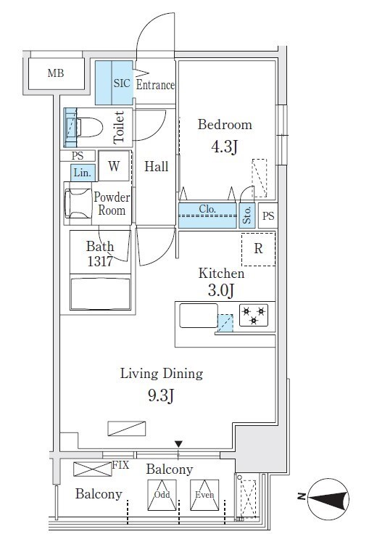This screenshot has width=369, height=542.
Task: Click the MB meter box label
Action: (x=56, y=73)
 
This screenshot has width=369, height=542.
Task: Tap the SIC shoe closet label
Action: (x=122, y=83)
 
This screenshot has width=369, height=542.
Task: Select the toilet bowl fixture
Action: (x=89, y=128)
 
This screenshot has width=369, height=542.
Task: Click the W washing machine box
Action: (x=114, y=165)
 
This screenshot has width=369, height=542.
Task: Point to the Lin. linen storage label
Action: (x=83, y=173)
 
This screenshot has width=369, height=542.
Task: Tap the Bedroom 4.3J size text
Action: (x=224, y=147)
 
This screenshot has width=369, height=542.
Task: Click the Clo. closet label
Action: (x=207, y=209)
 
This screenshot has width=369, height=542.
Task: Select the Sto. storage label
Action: (x=246, y=215)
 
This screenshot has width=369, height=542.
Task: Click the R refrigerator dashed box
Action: (x=258, y=249)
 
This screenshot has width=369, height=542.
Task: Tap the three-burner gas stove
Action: (x=254, y=316)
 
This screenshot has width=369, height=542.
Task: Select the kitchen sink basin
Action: (x=199, y=315)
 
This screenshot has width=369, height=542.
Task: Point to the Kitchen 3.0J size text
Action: (x=221, y=290)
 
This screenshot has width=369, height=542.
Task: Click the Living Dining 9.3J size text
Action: (x=161, y=395)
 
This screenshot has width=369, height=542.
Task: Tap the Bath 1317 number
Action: (x=100, y=261)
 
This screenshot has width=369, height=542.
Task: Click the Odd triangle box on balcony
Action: (x=162, y=495)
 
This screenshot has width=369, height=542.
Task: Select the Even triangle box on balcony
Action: (x=204, y=495)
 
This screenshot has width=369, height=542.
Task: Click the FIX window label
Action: (x=120, y=465)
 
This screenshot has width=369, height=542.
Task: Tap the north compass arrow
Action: (x=328, y=498)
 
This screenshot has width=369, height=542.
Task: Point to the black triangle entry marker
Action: (x=178, y=444)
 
